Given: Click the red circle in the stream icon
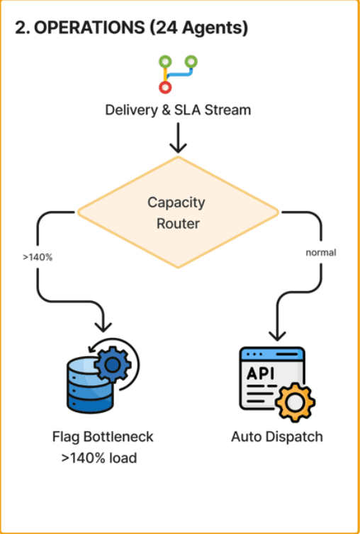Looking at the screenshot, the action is pos(165,87).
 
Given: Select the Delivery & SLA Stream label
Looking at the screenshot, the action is pos(178,110).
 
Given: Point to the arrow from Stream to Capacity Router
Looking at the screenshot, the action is pos(178,138).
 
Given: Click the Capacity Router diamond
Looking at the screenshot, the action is pos(178,212).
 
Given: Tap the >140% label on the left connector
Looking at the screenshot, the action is pos(38,258).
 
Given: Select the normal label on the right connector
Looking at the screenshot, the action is pos(321,253).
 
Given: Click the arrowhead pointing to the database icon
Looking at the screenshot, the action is pos(103,326).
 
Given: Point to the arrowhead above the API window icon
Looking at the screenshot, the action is pos(276,334).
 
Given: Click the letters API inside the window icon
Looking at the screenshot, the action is pos(260,374).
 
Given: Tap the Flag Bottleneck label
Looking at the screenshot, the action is pos(103,436).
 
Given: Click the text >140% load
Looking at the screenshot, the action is pos(99,458).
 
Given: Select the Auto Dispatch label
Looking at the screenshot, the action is pos(277,436).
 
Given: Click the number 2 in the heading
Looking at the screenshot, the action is pos(21,29).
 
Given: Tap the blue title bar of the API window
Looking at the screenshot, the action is pos(271,355).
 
